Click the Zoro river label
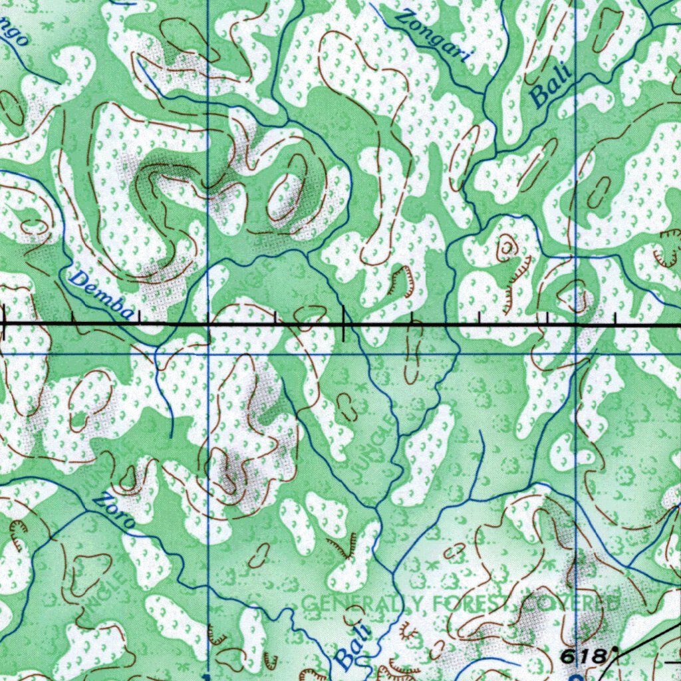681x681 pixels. (x=112, y=511)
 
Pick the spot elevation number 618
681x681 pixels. (x=585, y=656)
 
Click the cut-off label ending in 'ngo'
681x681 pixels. (x=13, y=33)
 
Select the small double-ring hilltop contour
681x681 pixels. (x=506, y=247)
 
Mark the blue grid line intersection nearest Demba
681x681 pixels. (x=207, y=353)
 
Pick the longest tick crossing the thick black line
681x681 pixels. (x=343, y=324)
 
